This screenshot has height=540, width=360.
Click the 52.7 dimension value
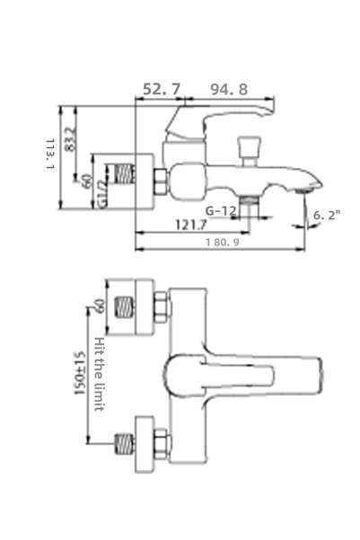162,89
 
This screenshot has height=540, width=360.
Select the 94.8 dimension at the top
231,89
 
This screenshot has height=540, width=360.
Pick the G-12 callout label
220,211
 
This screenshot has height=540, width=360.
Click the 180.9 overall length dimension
220,243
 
